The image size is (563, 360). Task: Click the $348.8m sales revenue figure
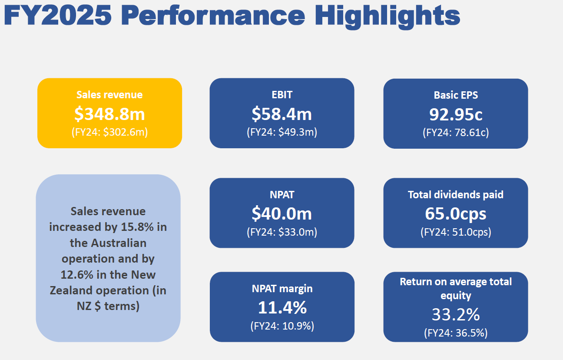[109, 114]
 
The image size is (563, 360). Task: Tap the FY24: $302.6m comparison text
[109, 132]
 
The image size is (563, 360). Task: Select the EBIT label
[282, 94]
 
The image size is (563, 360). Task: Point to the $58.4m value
[282, 114]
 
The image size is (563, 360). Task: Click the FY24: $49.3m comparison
[282, 132]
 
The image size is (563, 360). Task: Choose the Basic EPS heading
[456, 95]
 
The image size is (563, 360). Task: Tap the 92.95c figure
[456, 114]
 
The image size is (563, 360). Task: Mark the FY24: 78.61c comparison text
[456, 132]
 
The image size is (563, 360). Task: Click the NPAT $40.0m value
[282, 213]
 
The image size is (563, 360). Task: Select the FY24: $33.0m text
[282, 232]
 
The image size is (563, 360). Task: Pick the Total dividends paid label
[456, 194]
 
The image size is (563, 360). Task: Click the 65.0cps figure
[456, 213]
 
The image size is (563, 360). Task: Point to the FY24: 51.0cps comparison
[456, 232]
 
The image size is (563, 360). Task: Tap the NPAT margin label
[282, 288]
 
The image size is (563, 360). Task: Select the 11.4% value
[282, 307]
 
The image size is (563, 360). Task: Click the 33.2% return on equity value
[456, 314]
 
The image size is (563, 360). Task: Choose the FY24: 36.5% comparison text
[456, 333]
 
